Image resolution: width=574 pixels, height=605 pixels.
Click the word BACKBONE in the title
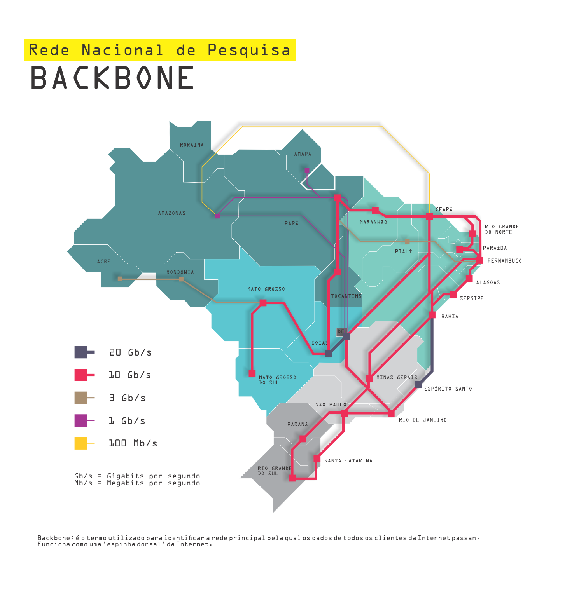(112, 78)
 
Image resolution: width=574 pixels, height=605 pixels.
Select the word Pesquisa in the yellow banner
(249, 50)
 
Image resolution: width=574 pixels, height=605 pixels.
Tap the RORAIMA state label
(192, 145)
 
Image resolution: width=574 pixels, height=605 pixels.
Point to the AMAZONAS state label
(171, 213)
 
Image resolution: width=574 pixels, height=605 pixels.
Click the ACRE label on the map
(104, 262)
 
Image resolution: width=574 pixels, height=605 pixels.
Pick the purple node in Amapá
(307, 171)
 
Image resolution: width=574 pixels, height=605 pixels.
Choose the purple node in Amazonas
(217, 216)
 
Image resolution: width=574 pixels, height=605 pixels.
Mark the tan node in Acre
(120, 279)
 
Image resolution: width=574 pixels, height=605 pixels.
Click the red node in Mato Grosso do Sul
(252, 373)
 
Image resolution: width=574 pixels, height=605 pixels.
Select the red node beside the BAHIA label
(432, 315)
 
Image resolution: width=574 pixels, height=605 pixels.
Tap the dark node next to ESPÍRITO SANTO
(418, 385)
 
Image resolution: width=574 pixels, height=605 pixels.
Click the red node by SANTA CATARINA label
(317, 459)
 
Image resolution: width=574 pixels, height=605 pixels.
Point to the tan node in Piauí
(407, 242)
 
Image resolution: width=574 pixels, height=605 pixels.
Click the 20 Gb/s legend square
(81, 352)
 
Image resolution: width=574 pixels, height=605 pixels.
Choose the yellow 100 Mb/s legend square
(81, 443)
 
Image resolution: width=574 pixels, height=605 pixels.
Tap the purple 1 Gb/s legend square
(81, 420)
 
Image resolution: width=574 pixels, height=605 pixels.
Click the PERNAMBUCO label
(504, 261)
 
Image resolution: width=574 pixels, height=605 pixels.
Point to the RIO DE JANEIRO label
(422, 420)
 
